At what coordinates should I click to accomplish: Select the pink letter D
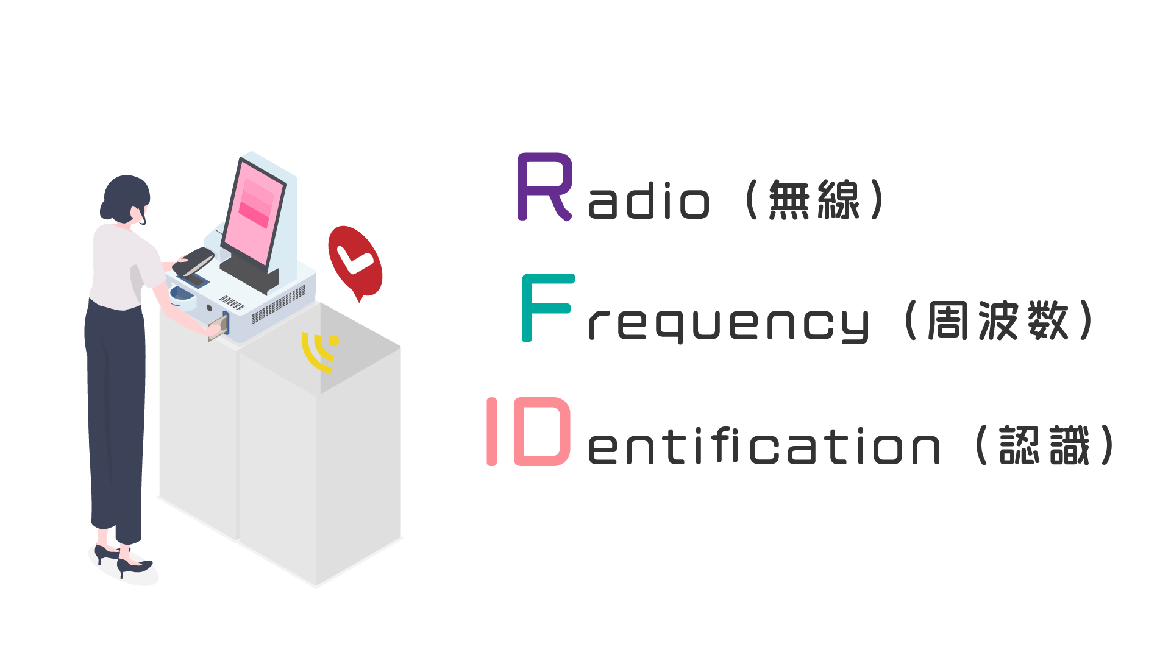coord(543,431)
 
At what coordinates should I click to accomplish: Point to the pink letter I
coord(491,431)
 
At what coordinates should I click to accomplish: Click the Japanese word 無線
coord(814,199)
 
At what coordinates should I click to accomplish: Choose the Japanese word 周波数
coord(998,320)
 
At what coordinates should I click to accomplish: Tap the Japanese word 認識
coord(1044,445)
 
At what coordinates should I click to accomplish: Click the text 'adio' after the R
coord(649,201)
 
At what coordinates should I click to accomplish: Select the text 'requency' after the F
coord(728,324)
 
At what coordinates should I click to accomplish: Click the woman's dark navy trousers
coord(116,414)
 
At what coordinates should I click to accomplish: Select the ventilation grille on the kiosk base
coord(277,305)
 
